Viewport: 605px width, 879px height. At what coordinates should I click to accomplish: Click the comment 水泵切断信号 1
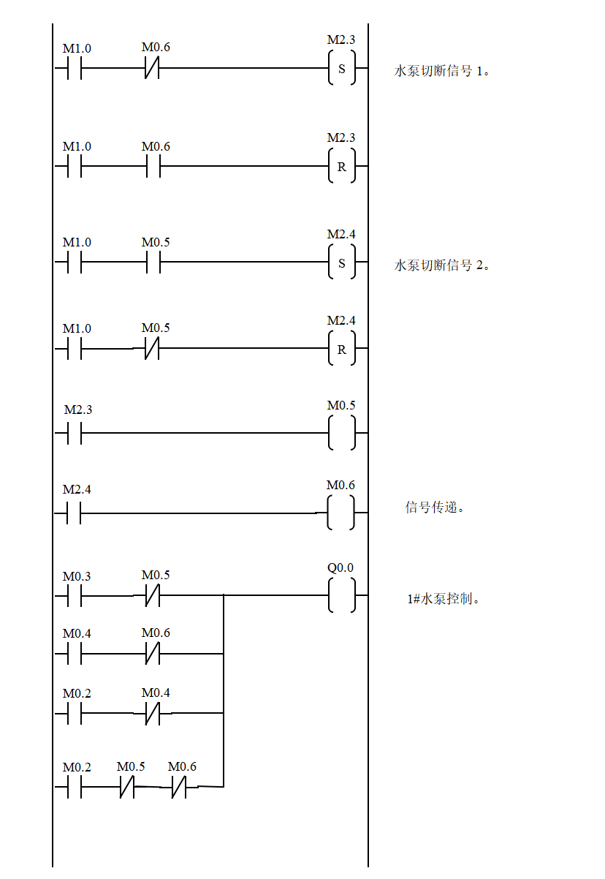tap(454, 72)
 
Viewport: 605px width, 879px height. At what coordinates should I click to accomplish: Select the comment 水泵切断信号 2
tap(448, 265)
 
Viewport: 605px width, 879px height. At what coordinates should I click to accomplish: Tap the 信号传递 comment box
tap(440, 508)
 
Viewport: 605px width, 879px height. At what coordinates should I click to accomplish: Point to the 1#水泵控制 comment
tap(454, 599)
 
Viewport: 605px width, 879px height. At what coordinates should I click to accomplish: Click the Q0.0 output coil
tap(342, 567)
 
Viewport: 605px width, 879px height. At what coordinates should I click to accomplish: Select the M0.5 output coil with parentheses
tap(342, 405)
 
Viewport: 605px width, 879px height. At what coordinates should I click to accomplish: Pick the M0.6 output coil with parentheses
tap(340, 485)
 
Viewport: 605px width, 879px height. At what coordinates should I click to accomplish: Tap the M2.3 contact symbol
tap(79, 410)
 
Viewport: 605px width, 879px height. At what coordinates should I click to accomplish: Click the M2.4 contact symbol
tap(78, 490)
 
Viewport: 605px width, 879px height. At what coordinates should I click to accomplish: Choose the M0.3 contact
tap(78, 576)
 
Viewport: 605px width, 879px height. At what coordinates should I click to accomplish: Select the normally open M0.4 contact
tap(78, 633)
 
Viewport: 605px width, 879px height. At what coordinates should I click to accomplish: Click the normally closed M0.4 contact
tap(156, 693)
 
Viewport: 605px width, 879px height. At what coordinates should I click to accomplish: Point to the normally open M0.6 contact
tap(156, 147)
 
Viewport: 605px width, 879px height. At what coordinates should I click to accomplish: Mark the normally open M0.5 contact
tap(156, 242)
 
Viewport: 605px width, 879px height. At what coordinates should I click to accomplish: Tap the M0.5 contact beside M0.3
tap(156, 576)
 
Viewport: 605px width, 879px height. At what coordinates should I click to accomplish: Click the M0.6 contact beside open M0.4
tap(156, 633)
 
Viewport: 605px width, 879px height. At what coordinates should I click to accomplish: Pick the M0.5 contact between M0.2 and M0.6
tap(132, 767)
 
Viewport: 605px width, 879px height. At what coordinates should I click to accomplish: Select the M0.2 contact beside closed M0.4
tap(78, 693)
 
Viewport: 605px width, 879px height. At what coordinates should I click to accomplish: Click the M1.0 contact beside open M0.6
tap(78, 147)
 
